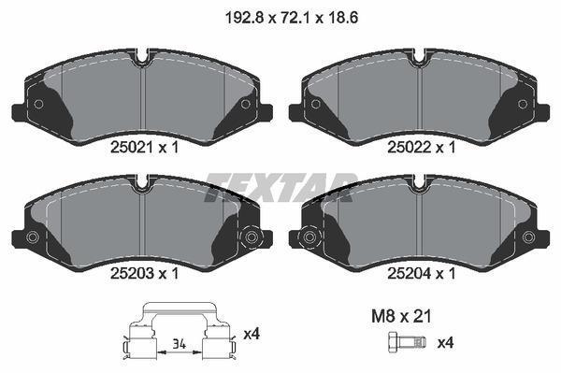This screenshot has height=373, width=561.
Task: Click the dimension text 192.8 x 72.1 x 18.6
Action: (x=280, y=16)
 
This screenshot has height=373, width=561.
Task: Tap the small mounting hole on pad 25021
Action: (x=38, y=104)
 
